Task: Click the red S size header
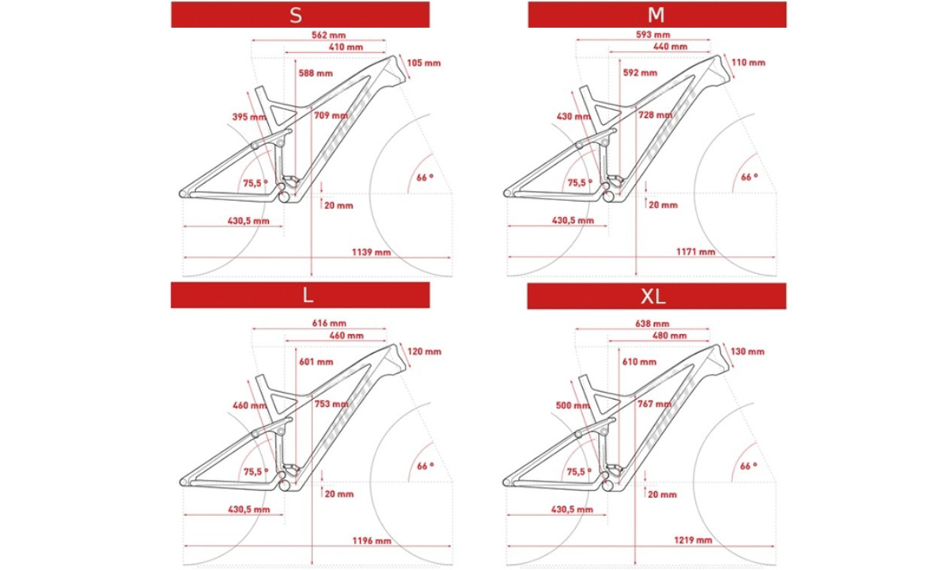point(300,14)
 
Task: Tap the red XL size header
point(656,296)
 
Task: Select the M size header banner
point(657,14)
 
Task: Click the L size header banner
point(300,295)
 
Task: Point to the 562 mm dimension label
point(329,35)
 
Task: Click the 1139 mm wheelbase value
point(371,253)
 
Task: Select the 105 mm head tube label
point(424,63)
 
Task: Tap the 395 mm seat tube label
point(249,116)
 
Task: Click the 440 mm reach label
point(671,47)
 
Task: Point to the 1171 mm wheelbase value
point(696,252)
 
